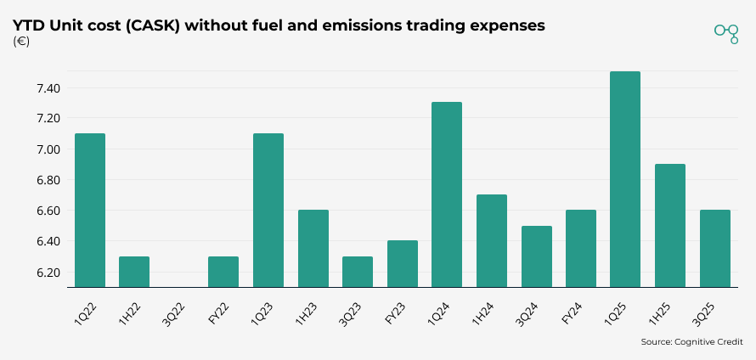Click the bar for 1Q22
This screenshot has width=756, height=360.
(x=89, y=211)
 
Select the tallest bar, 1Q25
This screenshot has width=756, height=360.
(x=624, y=179)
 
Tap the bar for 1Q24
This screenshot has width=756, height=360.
(x=446, y=194)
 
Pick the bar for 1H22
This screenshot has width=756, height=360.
(x=134, y=272)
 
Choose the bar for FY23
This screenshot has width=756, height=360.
(x=402, y=264)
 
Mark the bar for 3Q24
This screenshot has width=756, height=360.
(x=536, y=256)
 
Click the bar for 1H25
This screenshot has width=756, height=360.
(x=669, y=226)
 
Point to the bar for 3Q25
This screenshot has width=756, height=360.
(x=714, y=249)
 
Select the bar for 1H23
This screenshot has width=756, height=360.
(x=313, y=249)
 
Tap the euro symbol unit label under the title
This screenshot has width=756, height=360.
(x=22, y=42)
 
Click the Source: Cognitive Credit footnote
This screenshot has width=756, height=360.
(x=692, y=342)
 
